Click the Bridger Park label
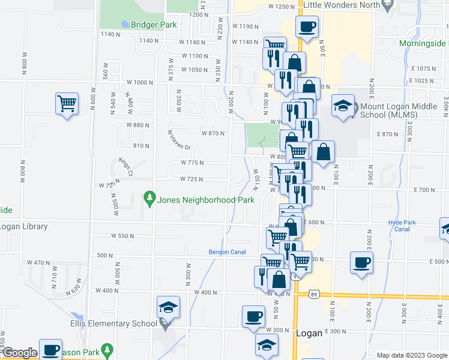(153, 25)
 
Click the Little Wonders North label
(342, 5)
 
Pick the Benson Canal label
(227, 252)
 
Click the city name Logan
(310, 333)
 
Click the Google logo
(19, 353)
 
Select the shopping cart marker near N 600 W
(67, 103)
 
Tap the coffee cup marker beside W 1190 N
(307, 26)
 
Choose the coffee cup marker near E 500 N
(361, 262)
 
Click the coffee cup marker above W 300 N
(253, 316)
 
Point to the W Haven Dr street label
(178, 140)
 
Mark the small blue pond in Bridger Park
(124, 24)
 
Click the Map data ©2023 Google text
(411, 355)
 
